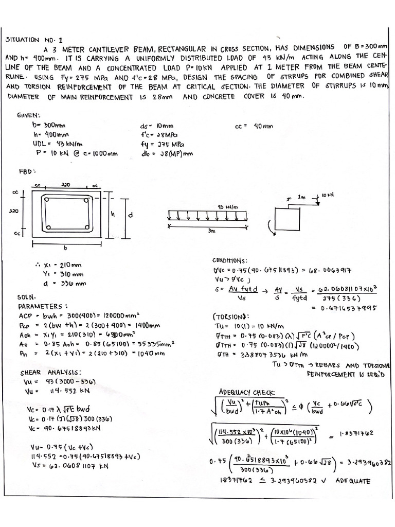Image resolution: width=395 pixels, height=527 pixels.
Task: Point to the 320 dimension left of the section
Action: coord(14,210)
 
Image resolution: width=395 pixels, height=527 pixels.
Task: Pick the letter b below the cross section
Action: coord(65,248)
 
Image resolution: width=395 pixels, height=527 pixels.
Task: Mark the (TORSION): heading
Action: coord(231,316)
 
